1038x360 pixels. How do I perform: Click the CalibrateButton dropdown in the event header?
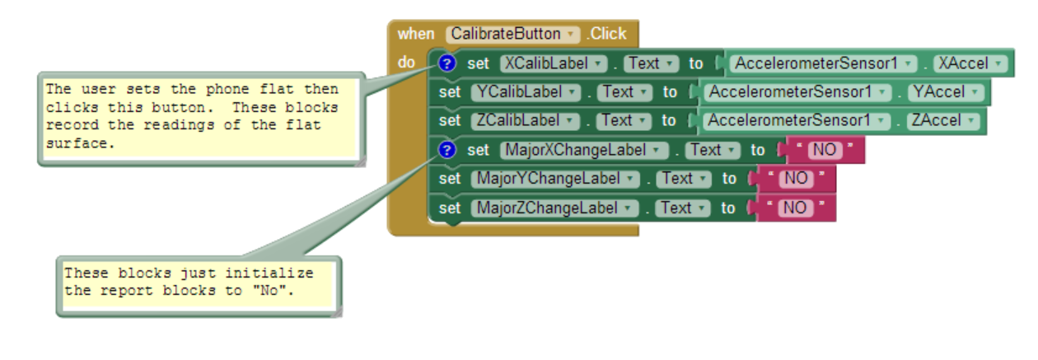512,34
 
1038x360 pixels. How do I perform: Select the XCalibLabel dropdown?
554,63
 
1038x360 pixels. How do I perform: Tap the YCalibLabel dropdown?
526,92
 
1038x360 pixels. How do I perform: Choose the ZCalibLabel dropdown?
525,120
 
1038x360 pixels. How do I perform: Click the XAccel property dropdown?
970,63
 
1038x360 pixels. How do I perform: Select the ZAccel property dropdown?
943,120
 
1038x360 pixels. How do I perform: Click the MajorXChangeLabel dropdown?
584,150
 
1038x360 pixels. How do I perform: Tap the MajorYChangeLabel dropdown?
555,179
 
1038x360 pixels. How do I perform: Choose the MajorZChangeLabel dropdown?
554,208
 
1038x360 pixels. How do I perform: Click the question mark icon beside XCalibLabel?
447,63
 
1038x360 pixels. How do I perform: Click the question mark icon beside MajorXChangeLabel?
447,150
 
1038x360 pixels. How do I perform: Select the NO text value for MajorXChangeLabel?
825,150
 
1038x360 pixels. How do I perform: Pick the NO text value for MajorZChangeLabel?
796,208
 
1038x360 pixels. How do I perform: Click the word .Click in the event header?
606,34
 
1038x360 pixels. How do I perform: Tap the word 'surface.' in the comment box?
80,143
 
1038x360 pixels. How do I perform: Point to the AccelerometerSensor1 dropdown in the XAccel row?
822,63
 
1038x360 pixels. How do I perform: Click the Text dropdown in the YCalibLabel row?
624,92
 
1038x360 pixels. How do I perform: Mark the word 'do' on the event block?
406,62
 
